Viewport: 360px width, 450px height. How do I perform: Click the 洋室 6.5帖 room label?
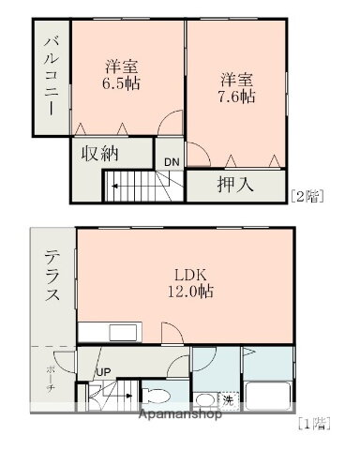tap(122, 74)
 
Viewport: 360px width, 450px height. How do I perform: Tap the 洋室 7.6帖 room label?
tap(237, 88)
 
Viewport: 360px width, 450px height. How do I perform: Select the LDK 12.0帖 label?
tap(190, 283)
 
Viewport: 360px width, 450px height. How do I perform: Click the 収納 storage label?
tap(99, 153)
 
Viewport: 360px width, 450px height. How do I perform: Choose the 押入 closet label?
tap(235, 184)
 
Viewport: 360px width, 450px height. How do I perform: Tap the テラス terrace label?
tap(52, 276)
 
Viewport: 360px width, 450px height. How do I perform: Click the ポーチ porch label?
tap(50, 380)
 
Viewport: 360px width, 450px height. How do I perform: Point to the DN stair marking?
tap(172, 162)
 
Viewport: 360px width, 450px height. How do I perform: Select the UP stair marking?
tap(103, 372)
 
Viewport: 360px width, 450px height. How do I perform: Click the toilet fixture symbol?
tap(156, 396)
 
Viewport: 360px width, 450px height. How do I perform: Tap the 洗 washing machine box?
tap(228, 400)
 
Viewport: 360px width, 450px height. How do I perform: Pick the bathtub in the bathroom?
tap(269, 395)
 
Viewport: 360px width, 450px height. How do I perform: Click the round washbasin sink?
tap(204, 400)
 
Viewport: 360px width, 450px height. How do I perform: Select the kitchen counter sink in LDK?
tap(123, 333)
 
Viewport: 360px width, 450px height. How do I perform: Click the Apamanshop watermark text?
tap(180, 414)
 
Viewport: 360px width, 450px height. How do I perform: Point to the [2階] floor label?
tap(307, 197)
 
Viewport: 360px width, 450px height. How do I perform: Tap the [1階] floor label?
tap(314, 424)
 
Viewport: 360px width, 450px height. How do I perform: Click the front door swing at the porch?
tap(65, 362)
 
